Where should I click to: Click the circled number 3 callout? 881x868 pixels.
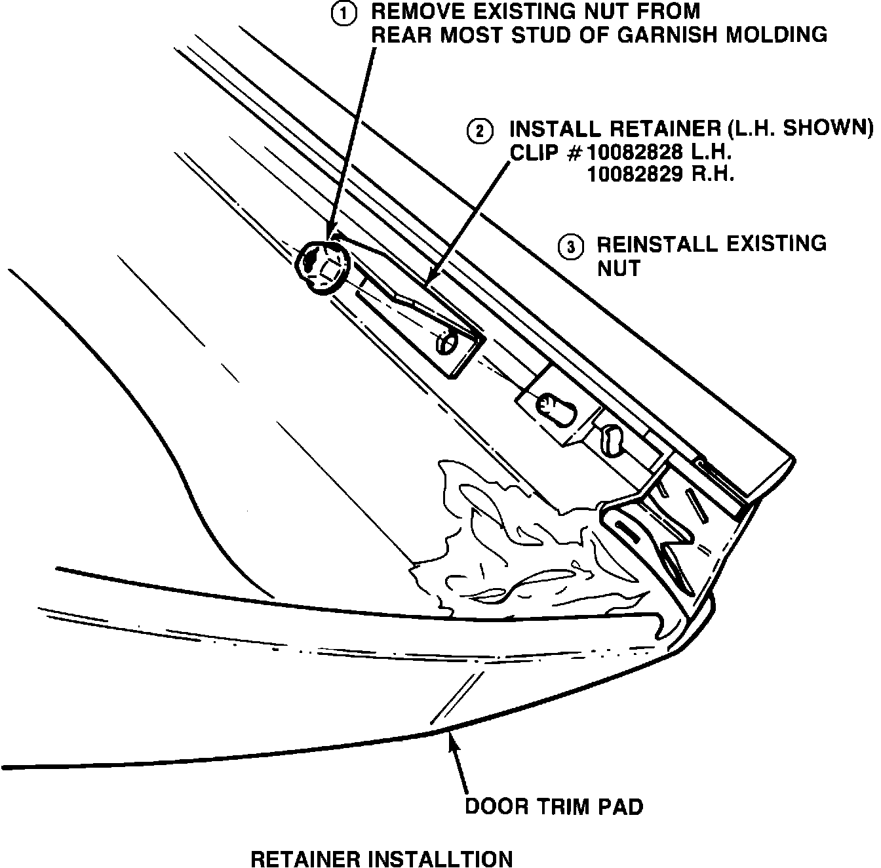569,247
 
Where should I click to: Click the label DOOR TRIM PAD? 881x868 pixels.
554,806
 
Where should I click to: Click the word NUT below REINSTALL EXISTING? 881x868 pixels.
618,268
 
